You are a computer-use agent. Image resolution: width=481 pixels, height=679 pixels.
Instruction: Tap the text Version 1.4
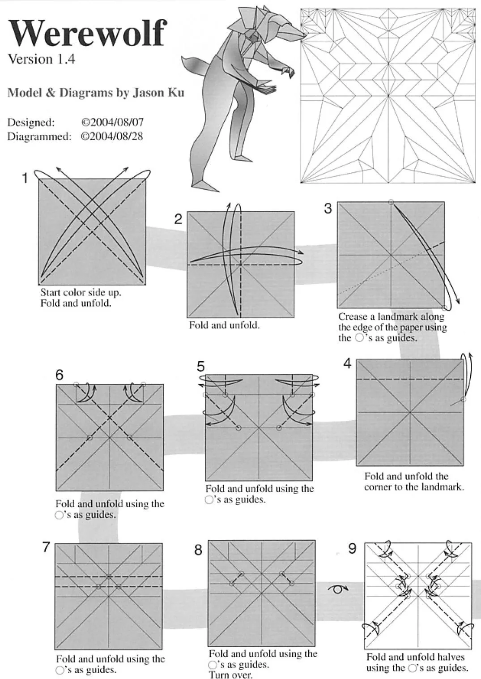tap(41, 59)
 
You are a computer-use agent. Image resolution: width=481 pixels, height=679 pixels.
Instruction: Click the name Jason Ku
tap(158, 93)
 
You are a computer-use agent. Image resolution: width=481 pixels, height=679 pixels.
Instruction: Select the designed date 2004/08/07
tap(112, 122)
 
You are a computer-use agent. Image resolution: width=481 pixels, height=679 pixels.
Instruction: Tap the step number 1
tap(25, 178)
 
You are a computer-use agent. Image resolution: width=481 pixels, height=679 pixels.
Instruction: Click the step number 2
tap(178, 219)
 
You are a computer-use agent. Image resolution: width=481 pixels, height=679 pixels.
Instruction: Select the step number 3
tap(328, 209)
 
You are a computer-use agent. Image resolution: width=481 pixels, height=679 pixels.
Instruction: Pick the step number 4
tap(347, 364)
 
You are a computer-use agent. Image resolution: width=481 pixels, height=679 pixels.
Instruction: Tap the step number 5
tap(200, 367)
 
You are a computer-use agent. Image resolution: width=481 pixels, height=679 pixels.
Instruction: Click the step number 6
tap(60, 375)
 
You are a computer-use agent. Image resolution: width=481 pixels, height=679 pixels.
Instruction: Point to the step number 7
tap(46, 547)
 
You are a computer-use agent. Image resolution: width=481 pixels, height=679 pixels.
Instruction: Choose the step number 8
tap(198, 550)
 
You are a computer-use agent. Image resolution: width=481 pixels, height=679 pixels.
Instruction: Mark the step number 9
tap(352, 548)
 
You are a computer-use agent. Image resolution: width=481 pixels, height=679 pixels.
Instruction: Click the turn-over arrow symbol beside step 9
tap(338, 589)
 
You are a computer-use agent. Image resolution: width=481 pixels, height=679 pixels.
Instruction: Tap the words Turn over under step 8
tap(230, 675)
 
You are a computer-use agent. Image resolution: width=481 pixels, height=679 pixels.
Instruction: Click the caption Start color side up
tap(81, 293)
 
